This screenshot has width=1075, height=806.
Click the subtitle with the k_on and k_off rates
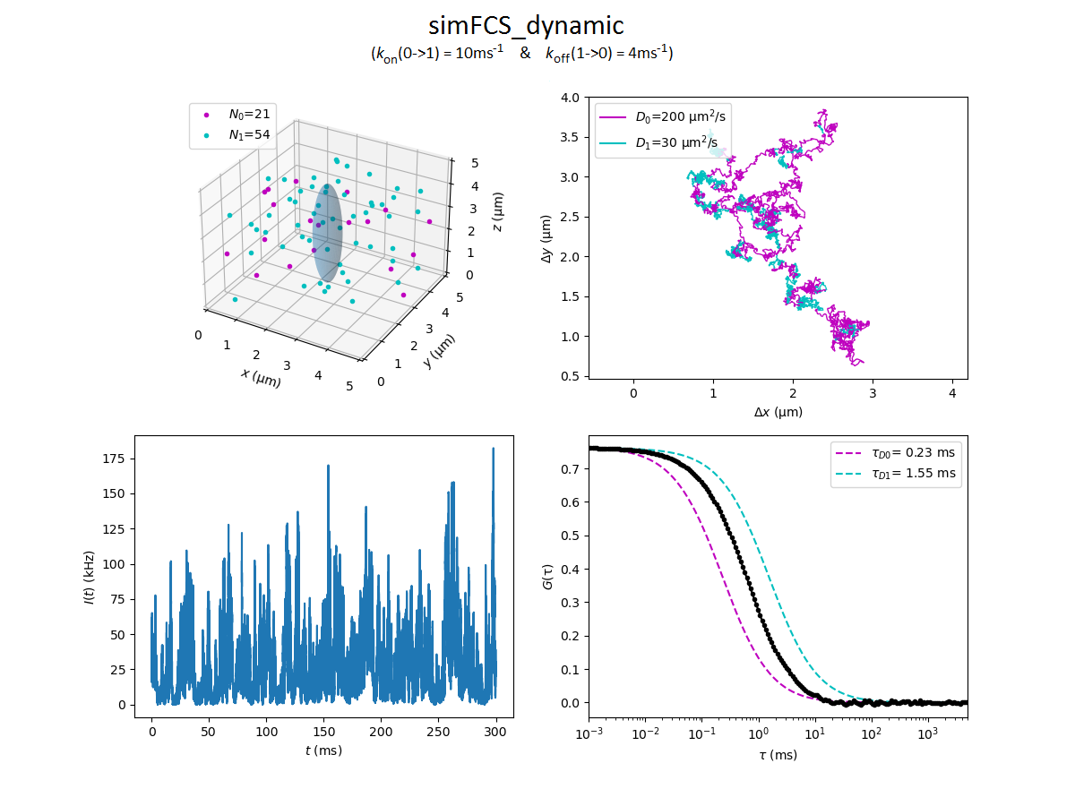pos(522,55)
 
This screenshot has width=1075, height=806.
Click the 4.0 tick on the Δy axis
pos(570,97)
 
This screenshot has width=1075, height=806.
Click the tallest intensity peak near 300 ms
pos(493,450)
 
